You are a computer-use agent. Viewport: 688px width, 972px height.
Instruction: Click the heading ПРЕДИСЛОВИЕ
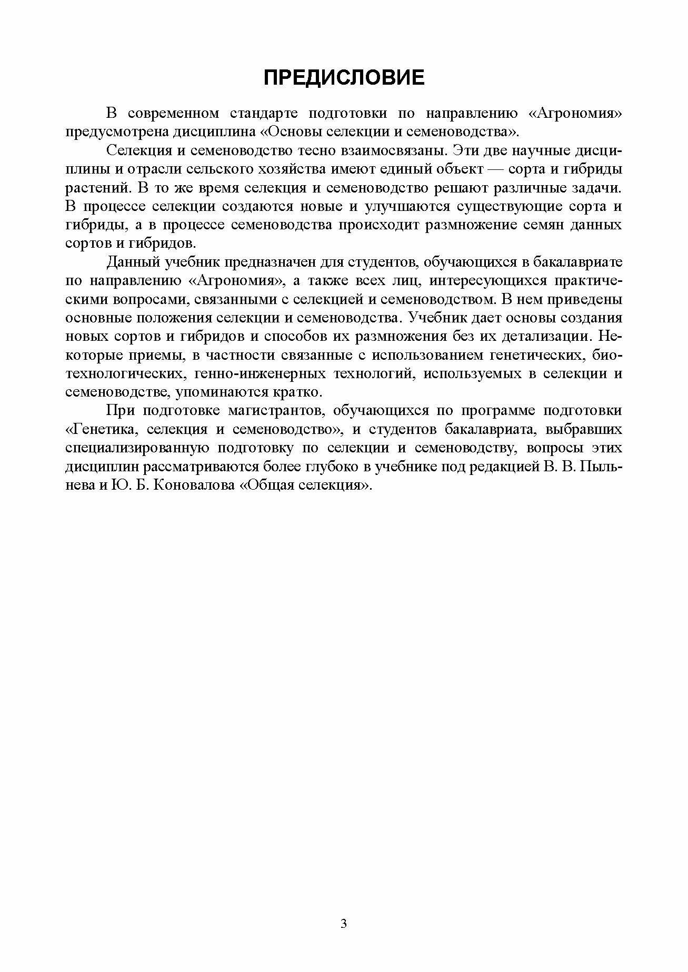pyautogui.click(x=343, y=78)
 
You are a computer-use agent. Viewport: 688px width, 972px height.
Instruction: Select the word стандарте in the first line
pyautogui.click(x=264, y=113)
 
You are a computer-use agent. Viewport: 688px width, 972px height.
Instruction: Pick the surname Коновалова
pyautogui.click(x=187, y=485)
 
